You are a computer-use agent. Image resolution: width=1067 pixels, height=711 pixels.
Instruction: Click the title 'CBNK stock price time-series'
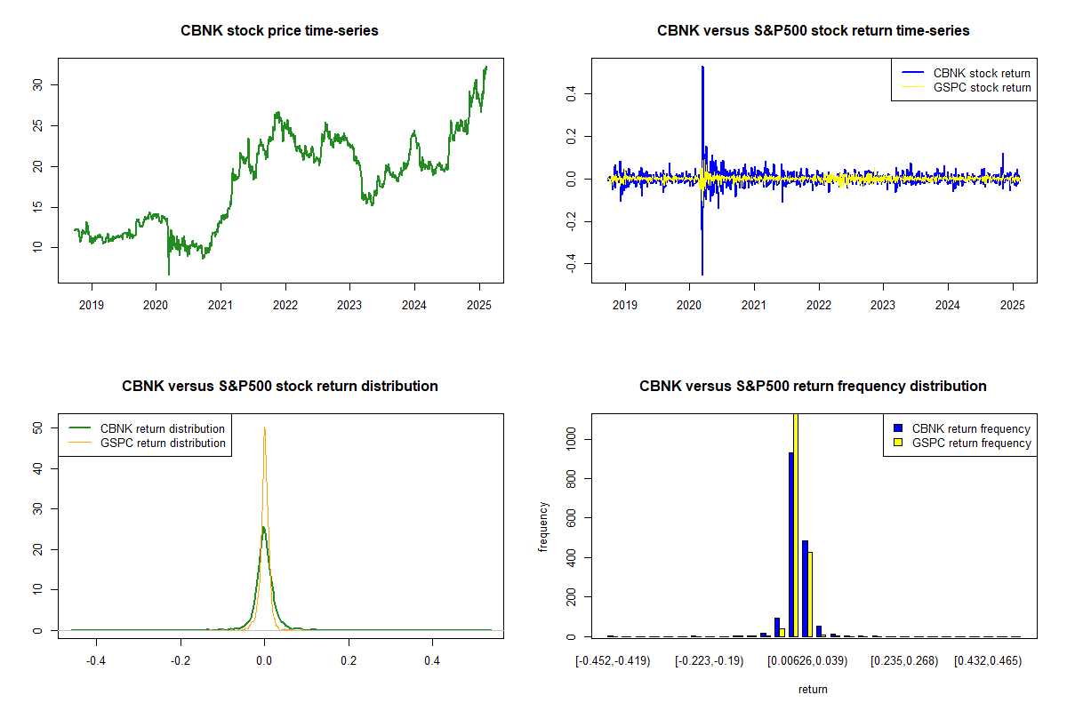(280, 31)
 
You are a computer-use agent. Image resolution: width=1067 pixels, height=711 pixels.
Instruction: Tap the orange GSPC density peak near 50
(264, 429)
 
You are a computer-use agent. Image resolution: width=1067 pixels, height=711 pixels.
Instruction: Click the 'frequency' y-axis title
(543, 526)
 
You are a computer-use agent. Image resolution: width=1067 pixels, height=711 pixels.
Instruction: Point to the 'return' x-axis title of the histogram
(813, 688)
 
